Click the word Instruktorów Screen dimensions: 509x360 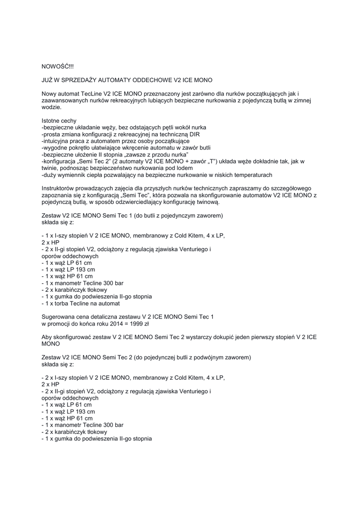(x=58, y=189)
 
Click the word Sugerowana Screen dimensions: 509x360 (x=58, y=317)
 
